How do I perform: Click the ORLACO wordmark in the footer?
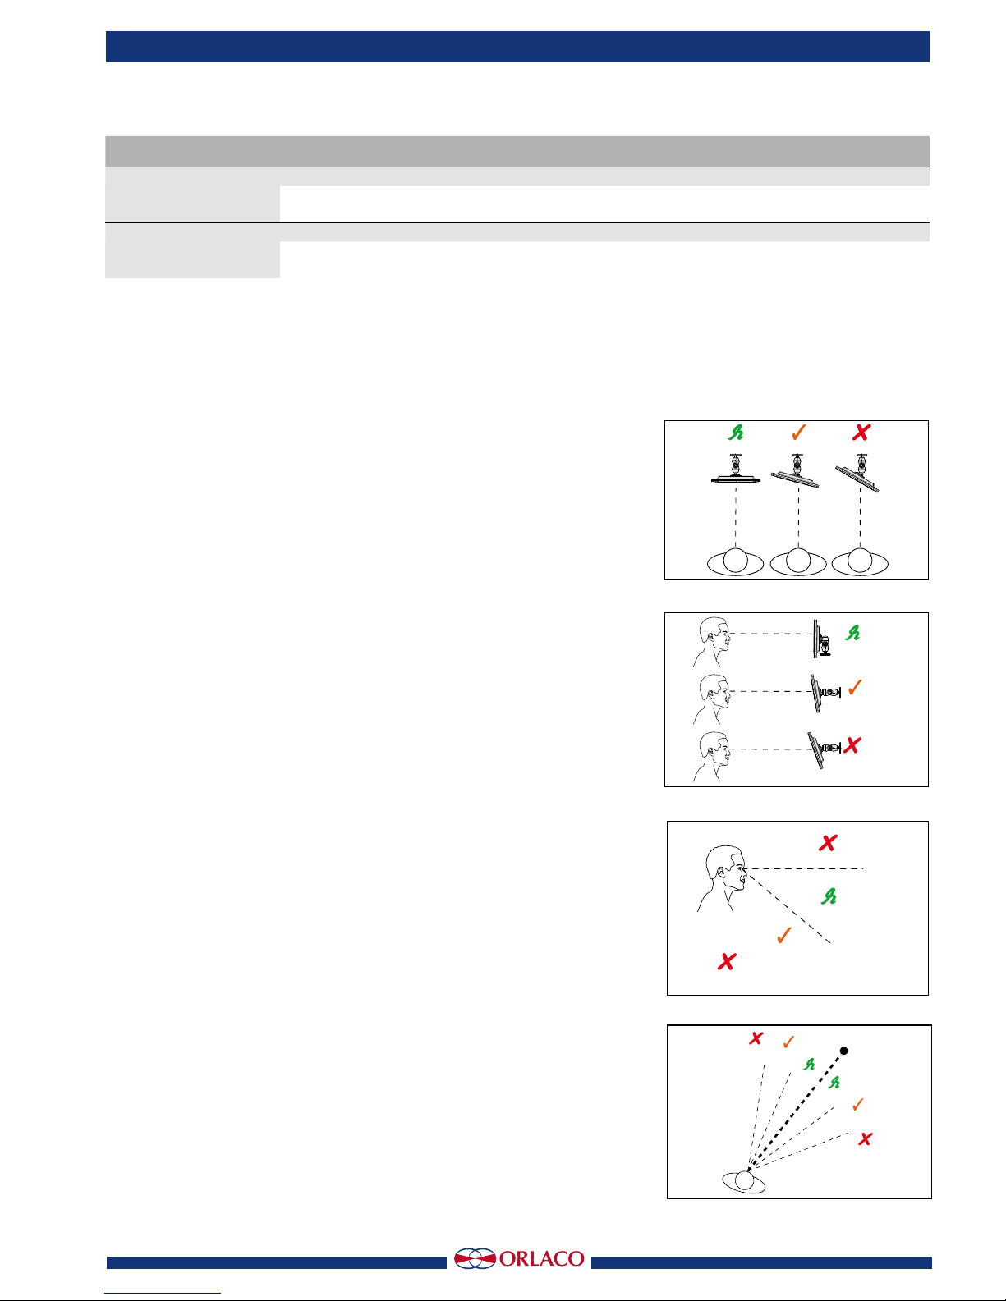point(541,1258)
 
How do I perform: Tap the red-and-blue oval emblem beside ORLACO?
point(475,1258)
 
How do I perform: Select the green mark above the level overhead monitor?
point(736,433)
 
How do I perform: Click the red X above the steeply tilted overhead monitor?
point(861,433)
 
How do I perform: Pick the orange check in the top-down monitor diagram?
point(799,433)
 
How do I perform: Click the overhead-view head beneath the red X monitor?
point(860,561)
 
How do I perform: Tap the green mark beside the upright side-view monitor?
point(852,633)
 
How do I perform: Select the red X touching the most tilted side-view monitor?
point(852,745)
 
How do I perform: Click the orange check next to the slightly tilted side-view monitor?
point(855,687)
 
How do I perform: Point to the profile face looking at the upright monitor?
point(712,642)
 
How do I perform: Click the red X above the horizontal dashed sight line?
point(828,843)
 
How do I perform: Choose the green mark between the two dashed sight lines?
point(829,896)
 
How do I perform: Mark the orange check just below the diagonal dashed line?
point(783,935)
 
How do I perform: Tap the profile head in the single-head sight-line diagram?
point(722,878)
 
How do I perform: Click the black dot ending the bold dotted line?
point(843,1051)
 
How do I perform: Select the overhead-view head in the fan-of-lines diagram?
point(744,1181)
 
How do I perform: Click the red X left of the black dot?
point(756,1038)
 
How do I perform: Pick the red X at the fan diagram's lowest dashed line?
point(866,1138)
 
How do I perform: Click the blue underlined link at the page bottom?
point(163,1294)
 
